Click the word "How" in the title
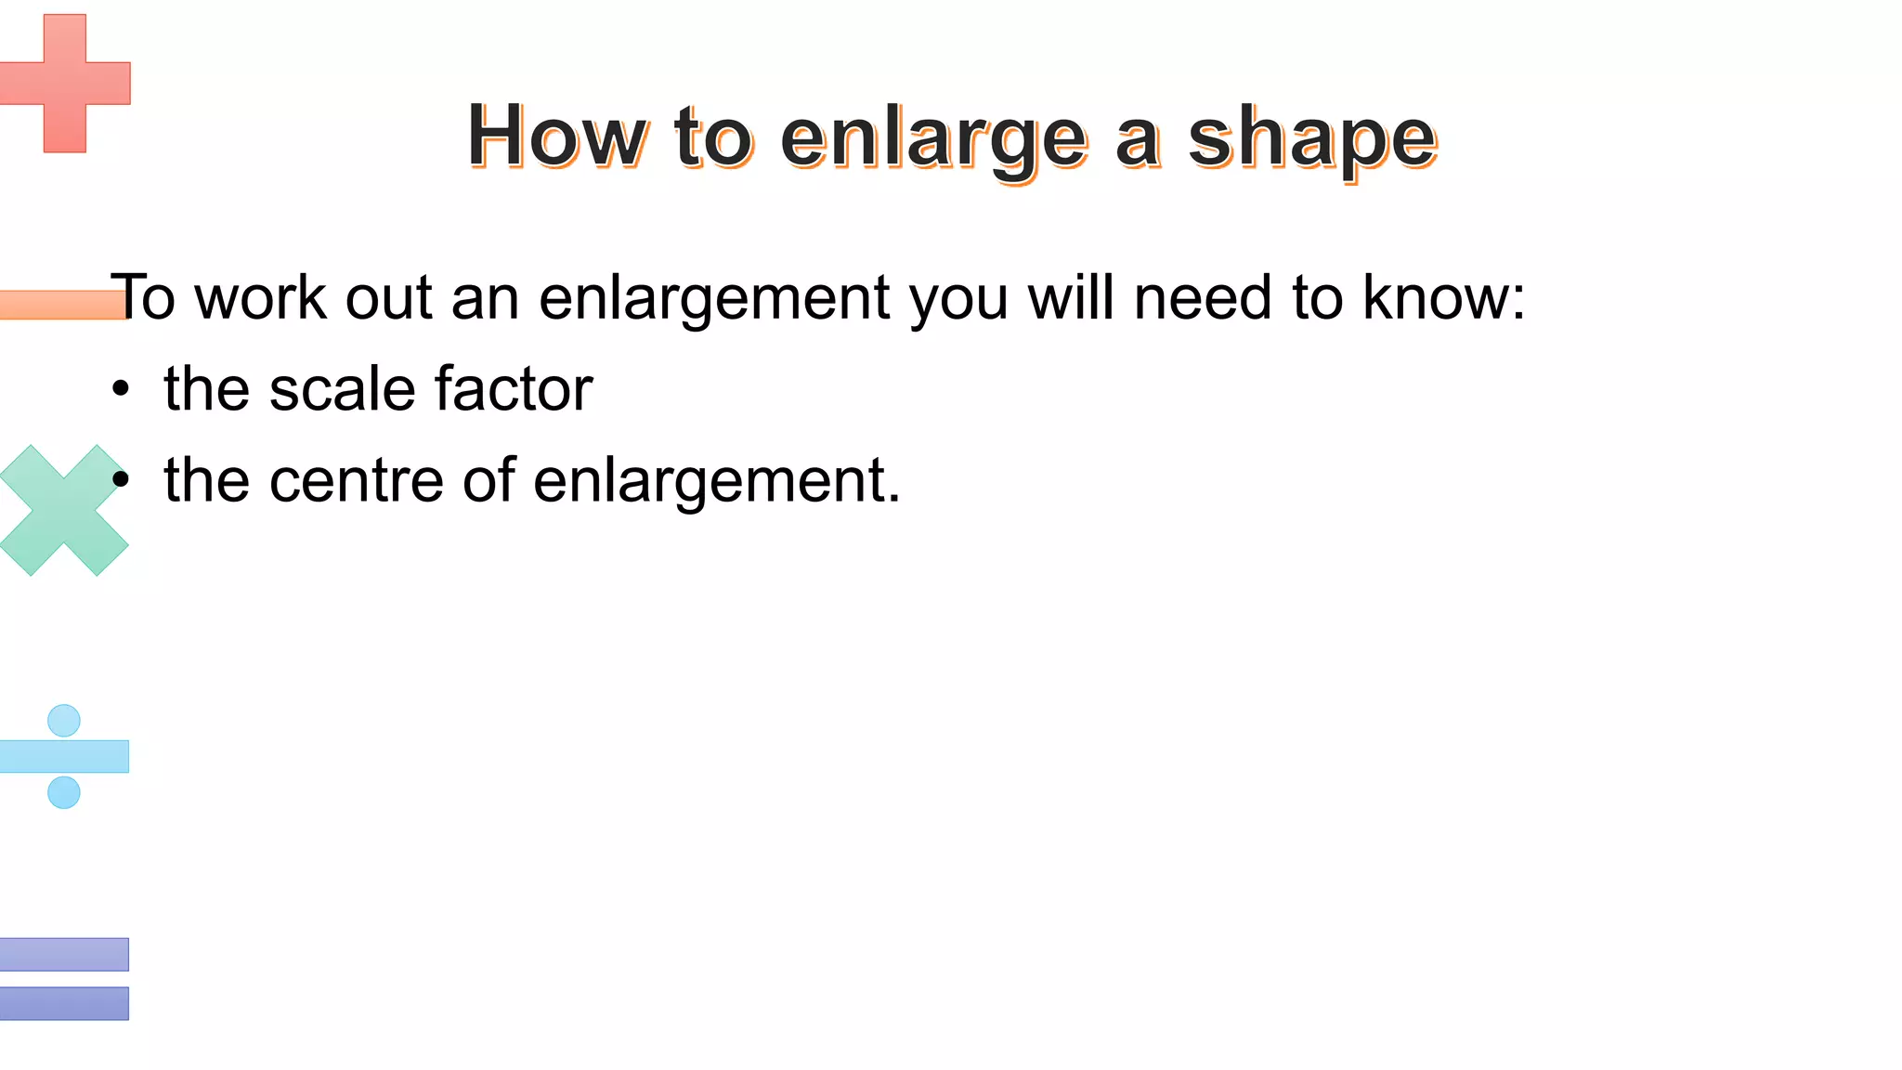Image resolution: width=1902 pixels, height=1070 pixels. coord(556,137)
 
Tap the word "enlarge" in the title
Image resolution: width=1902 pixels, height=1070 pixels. coord(932,139)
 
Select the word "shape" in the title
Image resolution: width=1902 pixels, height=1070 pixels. coord(1312,139)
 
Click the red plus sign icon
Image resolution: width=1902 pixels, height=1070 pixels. coord(64,83)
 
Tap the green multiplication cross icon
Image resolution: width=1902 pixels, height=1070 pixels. coord(63,511)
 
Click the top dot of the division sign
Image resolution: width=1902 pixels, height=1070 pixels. coord(64,720)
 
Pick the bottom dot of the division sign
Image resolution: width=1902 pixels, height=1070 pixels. coord(64,792)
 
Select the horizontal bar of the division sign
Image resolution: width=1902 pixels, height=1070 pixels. coord(64,756)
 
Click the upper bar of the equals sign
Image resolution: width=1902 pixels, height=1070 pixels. coord(64,954)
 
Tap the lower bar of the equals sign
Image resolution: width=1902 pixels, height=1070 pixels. coord(64,1003)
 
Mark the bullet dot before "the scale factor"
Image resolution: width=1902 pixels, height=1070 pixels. coord(120,390)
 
